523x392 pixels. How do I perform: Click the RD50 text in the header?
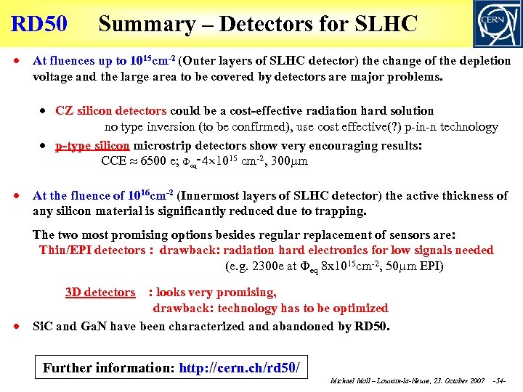tap(39, 24)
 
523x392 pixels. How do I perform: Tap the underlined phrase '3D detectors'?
tap(100, 293)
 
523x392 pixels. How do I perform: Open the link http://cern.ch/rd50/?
tap(239, 367)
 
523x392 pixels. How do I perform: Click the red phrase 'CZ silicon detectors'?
tap(111, 111)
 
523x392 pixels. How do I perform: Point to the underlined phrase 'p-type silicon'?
tap(92, 145)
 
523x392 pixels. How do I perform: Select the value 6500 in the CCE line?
tap(154, 161)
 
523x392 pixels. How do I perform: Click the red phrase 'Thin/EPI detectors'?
tap(92, 250)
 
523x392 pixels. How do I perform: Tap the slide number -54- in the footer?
tap(500, 381)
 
